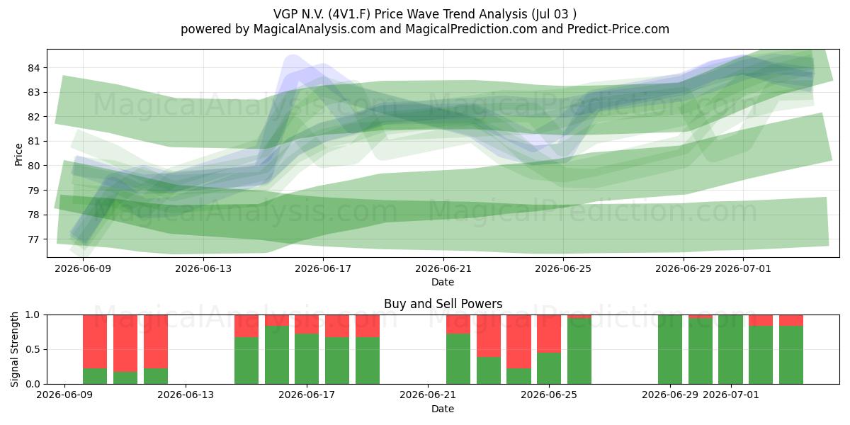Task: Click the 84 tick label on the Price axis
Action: click(x=33, y=68)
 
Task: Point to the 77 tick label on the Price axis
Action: click(x=33, y=239)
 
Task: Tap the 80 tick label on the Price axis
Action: click(x=33, y=166)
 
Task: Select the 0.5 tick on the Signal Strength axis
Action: click(x=32, y=349)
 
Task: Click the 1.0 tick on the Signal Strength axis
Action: click(x=32, y=315)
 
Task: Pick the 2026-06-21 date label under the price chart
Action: click(x=443, y=269)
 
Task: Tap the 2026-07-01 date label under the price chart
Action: click(x=742, y=269)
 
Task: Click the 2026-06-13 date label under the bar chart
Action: click(x=186, y=395)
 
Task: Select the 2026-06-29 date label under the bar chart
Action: click(x=670, y=395)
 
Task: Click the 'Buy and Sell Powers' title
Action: click(x=443, y=304)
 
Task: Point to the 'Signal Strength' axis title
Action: click(x=14, y=349)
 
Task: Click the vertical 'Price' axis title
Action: click(x=18, y=154)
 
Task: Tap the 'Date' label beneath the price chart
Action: click(x=443, y=283)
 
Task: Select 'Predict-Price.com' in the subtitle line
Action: click(x=618, y=29)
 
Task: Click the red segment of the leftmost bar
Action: click(x=95, y=341)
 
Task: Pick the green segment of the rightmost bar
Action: click(x=791, y=355)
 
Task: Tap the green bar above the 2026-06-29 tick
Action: click(x=670, y=349)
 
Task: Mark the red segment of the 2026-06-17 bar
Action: click(x=307, y=324)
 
